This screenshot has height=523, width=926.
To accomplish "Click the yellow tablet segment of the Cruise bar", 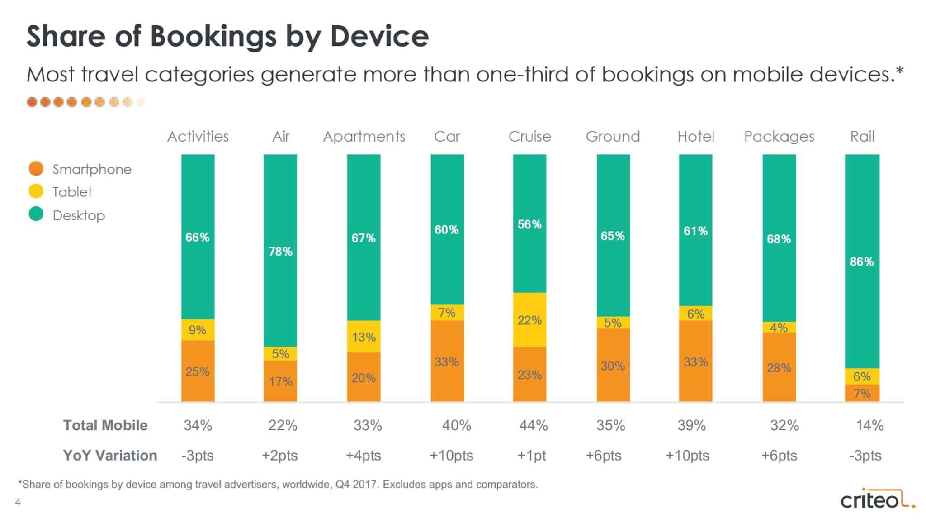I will tap(529, 320).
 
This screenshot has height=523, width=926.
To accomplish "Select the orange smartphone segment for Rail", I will tap(862, 393).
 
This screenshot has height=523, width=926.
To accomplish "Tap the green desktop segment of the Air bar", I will tap(280, 251).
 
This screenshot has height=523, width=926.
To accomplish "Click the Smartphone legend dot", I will tap(36, 169).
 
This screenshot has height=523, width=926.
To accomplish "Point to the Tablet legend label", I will tap(72, 192).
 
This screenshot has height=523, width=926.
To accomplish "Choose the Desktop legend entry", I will tap(79, 215).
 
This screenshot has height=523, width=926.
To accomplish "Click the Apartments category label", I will tap(364, 136).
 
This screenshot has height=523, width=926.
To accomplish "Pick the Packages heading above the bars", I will tap(779, 136).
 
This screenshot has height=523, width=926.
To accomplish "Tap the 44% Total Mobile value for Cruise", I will tap(534, 425).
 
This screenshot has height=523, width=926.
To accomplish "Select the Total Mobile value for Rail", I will tap(869, 425).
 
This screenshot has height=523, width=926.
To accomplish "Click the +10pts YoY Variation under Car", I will tap(451, 455).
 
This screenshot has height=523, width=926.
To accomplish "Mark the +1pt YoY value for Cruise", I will tap(532, 455).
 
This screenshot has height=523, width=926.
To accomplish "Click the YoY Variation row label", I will tap(110, 455).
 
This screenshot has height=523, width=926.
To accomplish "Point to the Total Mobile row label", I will tap(105, 425).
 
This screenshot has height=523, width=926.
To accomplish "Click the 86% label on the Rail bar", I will tap(862, 261).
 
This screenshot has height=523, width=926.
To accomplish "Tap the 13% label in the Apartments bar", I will tap(364, 337).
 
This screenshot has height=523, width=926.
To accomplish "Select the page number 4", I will tap(18, 502).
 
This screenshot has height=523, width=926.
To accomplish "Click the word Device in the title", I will tap(379, 36).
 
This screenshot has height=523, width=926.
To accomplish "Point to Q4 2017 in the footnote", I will tap(356, 485).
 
